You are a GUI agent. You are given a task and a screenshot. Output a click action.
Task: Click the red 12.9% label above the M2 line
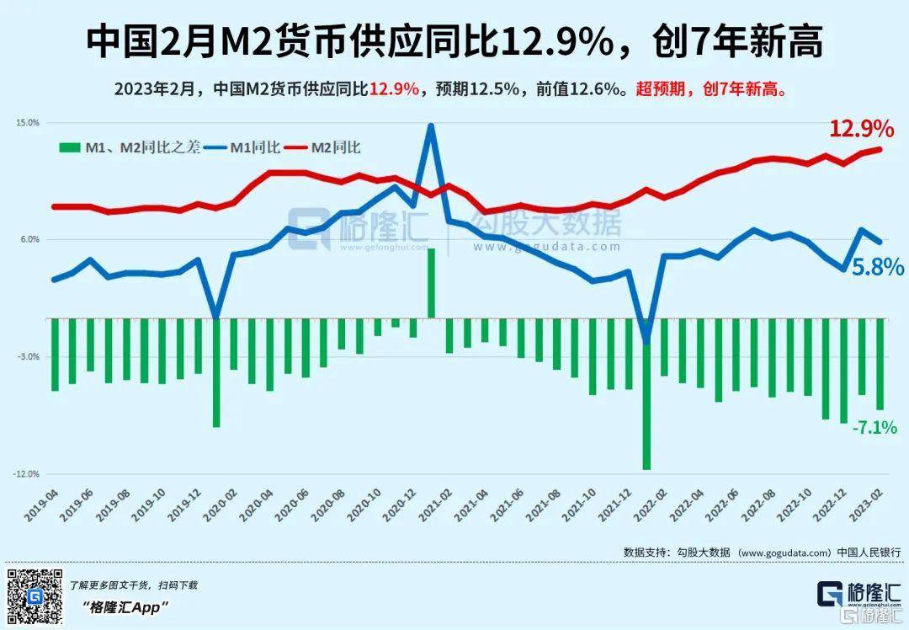point(861,129)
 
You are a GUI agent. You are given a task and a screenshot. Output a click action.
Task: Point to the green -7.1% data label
point(874,427)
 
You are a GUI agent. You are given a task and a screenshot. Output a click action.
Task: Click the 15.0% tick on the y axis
point(28,123)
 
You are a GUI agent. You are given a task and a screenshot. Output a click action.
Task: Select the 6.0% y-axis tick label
point(30,240)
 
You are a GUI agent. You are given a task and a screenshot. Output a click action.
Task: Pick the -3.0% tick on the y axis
point(29,357)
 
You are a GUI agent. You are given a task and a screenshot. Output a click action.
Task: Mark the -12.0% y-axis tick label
point(27,474)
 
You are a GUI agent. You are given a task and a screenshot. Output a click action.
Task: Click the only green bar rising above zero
point(431,283)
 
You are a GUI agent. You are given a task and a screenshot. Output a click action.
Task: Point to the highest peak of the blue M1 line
point(431,126)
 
